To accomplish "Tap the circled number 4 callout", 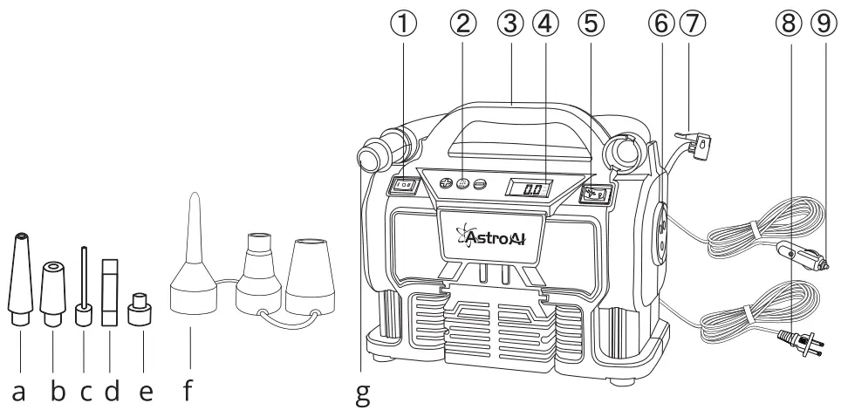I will coord(549,24).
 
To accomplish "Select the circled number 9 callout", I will coord(817,24).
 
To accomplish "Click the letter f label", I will coord(188,389).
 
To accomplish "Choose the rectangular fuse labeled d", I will coord(110,290).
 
